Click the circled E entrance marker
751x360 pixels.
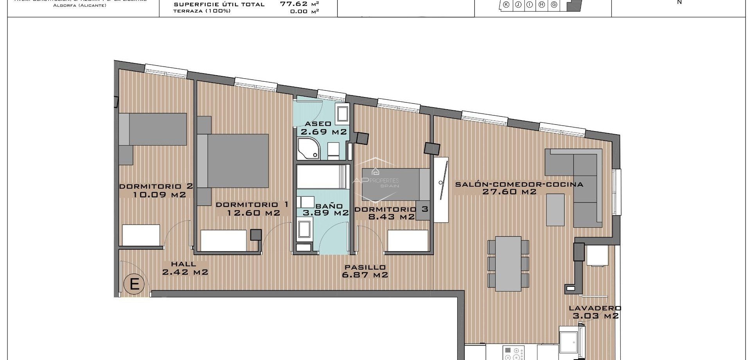click(134, 284)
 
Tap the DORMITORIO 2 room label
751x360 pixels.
click(156, 187)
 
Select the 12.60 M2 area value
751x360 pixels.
click(253, 213)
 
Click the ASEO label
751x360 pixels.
click(318, 124)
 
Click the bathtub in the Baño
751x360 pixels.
click(322, 177)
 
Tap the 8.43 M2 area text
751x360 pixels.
click(391, 216)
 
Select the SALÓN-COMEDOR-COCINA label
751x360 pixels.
click(519, 184)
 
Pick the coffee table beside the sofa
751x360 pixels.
click(555, 210)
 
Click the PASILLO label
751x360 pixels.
click(365, 267)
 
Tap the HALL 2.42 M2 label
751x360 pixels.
click(185, 268)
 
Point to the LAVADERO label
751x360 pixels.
click(595, 308)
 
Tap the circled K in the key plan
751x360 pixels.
click(506, 5)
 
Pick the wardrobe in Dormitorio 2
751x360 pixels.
click(141, 235)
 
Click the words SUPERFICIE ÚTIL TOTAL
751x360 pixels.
click(219, 5)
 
